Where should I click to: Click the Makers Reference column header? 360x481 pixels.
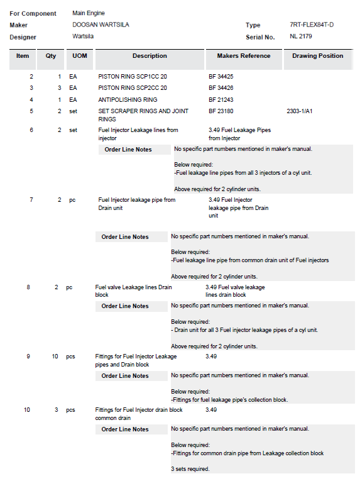point(244,56)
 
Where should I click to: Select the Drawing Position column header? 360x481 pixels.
point(318,56)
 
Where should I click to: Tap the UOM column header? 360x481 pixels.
point(80,56)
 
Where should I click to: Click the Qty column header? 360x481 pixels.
point(51,56)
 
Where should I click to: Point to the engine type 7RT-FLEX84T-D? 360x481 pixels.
point(312,25)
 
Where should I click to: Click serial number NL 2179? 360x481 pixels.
point(301,36)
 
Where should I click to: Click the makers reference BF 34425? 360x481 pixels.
point(221,76)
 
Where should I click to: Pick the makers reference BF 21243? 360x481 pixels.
point(221,99)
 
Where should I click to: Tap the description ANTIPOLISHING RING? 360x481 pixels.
point(128,99)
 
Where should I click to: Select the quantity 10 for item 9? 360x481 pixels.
point(55,357)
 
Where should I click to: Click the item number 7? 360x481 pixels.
point(31,199)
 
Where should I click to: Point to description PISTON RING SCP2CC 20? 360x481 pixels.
point(133,88)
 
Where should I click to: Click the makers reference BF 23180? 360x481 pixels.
point(221,111)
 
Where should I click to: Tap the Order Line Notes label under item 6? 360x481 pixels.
point(128,150)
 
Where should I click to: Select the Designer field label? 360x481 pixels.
point(23,37)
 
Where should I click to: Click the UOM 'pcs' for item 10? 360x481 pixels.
point(70,410)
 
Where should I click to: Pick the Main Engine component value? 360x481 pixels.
point(89,13)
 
